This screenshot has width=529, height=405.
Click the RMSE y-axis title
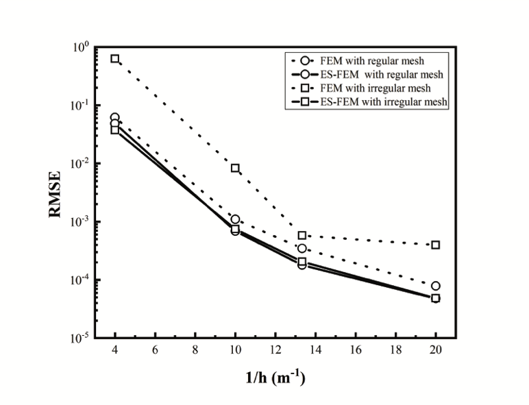(x=57, y=194)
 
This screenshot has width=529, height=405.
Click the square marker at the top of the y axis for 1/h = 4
(x=115, y=59)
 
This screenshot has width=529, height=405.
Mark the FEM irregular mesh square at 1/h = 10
(x=235, y=168)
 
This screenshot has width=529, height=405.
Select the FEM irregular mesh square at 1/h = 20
(x=436, y=245)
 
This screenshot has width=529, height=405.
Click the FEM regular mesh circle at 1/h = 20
(x=436, y=286)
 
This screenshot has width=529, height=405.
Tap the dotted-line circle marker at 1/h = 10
(x=235, y=219)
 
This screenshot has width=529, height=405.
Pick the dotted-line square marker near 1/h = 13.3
(x=302, y=235)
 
